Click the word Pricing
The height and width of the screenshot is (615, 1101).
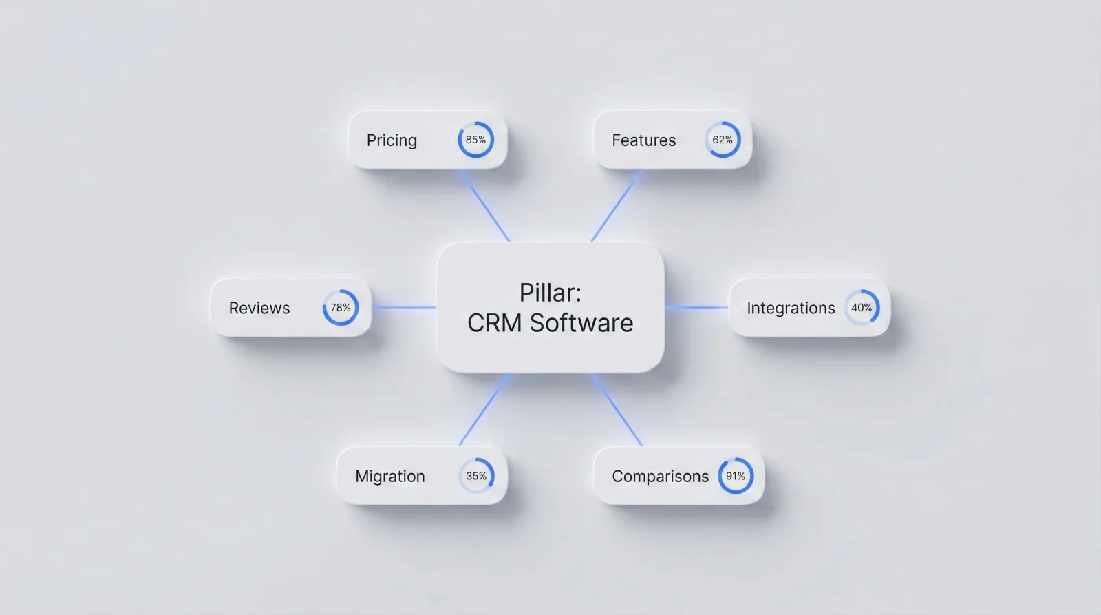pos(392,140)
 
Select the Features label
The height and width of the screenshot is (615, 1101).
pos(643,140)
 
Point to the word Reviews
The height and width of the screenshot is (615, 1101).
pos(259,308)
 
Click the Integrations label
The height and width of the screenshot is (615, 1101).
pos(791,309)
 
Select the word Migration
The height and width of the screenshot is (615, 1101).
pos(389,477)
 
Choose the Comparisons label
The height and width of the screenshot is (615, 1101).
pos(660,477)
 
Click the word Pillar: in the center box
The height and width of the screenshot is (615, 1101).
pos(550,293)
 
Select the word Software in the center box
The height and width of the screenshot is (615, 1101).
pos(581,323)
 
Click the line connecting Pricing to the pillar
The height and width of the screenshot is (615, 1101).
pos(484,206)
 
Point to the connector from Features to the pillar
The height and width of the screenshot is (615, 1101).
pos(617,206)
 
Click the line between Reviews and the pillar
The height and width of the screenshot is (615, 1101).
pos(404,307)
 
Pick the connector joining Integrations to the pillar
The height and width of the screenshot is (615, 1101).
pos(696,307)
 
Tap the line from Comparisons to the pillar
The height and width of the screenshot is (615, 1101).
pos(617,409)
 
